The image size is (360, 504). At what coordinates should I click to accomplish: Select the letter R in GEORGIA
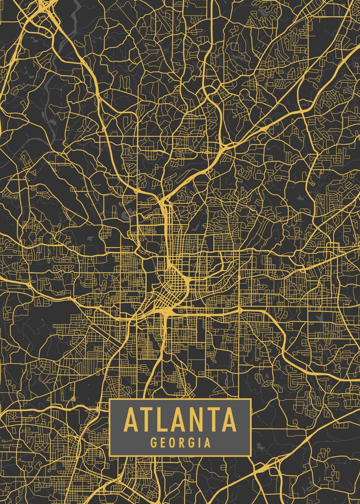pyautogui.click(x=181, y=443)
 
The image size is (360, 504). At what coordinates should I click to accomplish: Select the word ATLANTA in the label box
pyautogui.click(x=180, y=420)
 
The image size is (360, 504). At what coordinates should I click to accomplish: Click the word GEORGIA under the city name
pyautogui.click(x=180, y=443)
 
